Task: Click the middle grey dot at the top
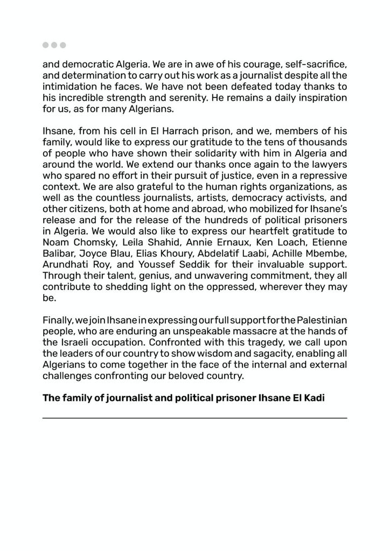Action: (x=54, y=45)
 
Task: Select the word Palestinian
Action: (x=321, y=320)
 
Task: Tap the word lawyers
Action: (x=329, y=164)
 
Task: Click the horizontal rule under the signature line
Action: (x=195, y=418)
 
